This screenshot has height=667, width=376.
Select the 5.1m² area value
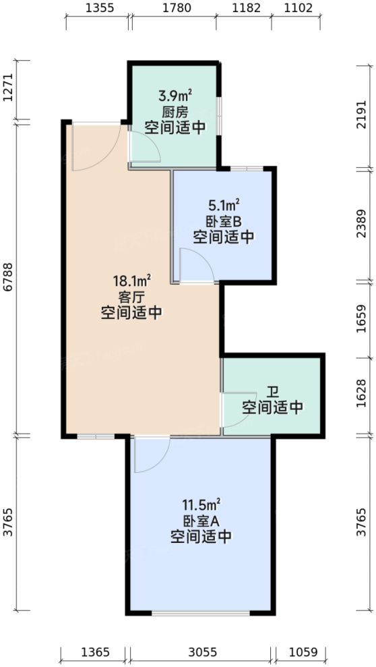223,204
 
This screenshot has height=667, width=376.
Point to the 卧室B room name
223,221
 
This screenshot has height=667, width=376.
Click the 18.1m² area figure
131,280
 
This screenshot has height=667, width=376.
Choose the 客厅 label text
131,296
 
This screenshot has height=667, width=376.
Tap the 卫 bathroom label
272,392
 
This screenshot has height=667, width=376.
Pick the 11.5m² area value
201,504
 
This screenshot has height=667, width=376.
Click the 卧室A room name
201,520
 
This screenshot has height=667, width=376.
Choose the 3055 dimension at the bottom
201,652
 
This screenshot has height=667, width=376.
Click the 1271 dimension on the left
7,90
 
